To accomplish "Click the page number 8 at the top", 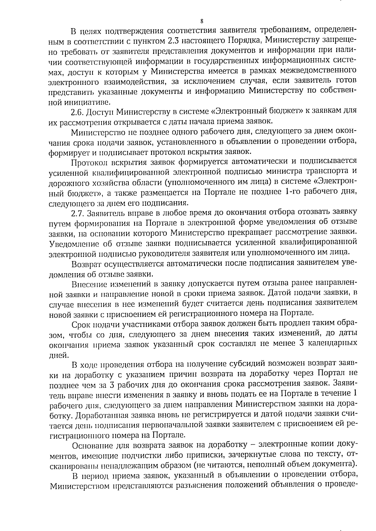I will [201, 21].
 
